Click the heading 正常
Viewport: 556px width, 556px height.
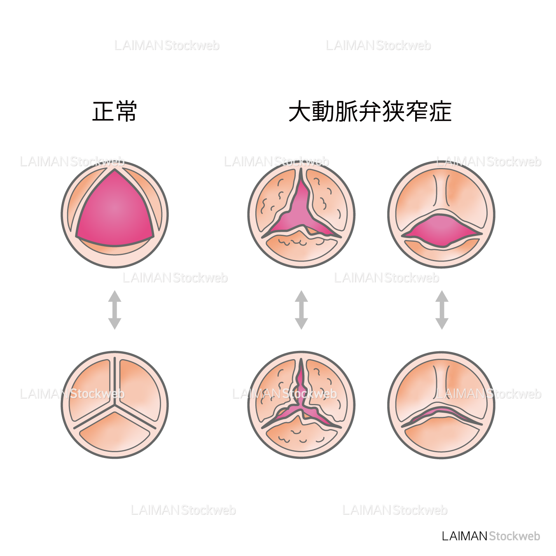coord(114,111)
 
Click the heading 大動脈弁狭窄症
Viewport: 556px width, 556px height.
coord(370,111)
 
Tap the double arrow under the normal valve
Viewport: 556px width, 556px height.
coord(114,310)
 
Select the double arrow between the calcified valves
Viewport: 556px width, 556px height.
coord(301,310)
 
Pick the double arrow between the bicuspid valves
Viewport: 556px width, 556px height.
coord(442,310)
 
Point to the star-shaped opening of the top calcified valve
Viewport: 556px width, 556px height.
coord(301,214)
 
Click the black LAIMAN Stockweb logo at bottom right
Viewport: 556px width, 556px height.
coord(491,536)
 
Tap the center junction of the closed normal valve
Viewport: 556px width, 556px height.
coord(115,407)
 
